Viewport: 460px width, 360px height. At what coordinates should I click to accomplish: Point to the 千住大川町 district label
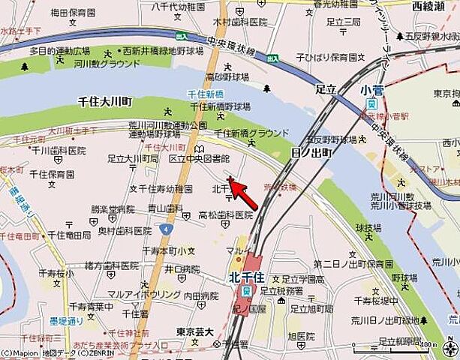click(104, 100)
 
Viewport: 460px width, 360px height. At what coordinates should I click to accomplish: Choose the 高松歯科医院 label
click(225, 215)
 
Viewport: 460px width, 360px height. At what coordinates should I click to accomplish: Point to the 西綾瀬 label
click(428, 5)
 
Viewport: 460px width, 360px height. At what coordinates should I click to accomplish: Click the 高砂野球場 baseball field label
click(227, 77)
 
